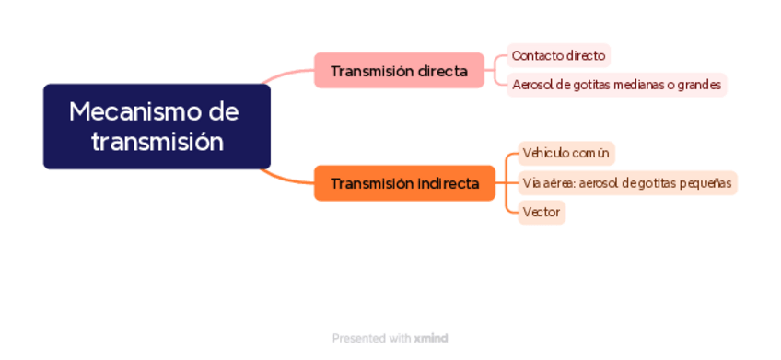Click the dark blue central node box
(x=157, y=126)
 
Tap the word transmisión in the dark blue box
(x=157, y=142)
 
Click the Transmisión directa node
(x=399, y=70)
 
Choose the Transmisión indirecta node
(x=404, y=183)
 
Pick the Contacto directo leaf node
(x=558, y=55)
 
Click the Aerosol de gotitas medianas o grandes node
(x=617, y=85)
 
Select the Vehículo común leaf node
(x=566, y=154)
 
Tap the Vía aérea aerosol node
(x=627, y=183)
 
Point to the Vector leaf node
(x=542, y=213)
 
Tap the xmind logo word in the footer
(x=431, y=339)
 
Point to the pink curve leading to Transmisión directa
(x=287, y=73)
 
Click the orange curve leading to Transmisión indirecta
(x=287, y=179)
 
